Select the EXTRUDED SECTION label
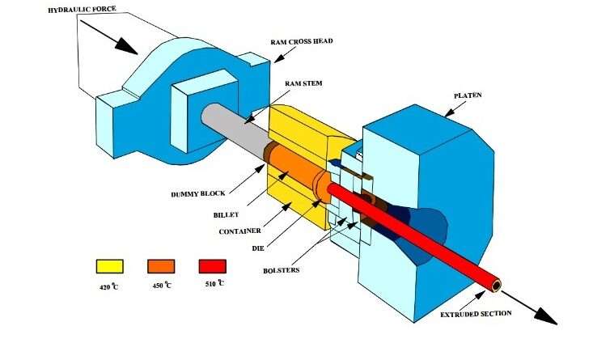(476, 313)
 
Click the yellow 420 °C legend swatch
(109, 266)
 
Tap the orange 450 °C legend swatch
(161, 266)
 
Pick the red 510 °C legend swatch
(212, 266)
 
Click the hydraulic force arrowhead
(125, 44)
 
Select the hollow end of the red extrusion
(495, 286)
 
